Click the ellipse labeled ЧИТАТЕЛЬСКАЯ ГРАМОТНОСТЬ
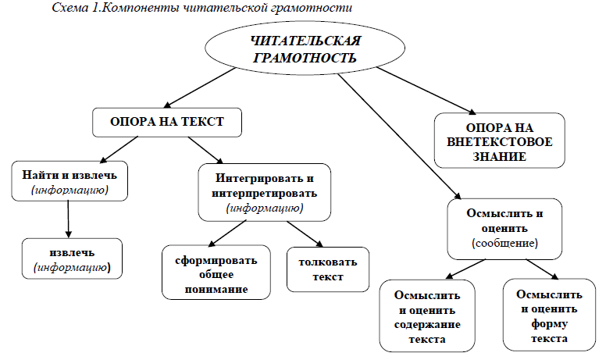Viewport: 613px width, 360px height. (305, 48)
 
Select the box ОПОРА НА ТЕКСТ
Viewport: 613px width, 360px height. (167, 123)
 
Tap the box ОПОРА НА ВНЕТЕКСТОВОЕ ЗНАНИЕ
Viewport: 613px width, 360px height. (499, 141)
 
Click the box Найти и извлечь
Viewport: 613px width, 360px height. (69, 181)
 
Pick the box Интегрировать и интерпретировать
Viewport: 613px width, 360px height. (264, 192)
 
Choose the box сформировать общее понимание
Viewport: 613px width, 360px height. (216, 273)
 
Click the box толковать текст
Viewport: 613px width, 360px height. (328, 269)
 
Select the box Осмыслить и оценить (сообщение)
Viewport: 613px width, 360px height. (504, 229)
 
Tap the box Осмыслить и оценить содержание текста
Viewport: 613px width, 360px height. (427, 315)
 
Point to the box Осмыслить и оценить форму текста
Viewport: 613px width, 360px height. (549, 315)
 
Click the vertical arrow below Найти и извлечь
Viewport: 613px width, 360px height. (68, 219)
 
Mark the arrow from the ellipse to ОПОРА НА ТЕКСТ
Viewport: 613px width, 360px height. (200, 87)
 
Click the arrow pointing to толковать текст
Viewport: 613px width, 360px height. (305, 233)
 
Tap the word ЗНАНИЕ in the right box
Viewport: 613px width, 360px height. (499, 157)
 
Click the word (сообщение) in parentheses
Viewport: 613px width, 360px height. (504, 243)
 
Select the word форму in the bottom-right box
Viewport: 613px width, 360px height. (549, 324)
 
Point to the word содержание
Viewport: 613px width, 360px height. (427, 325)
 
